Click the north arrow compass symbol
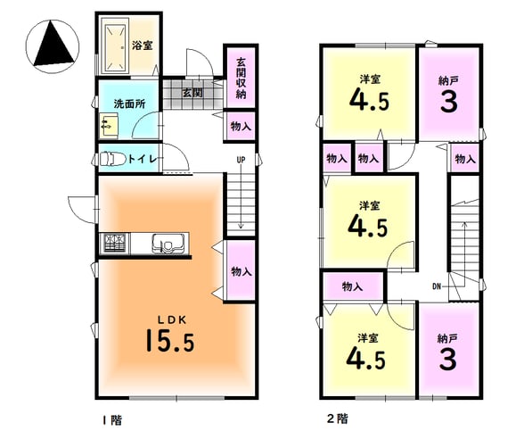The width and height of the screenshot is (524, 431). point(53,46)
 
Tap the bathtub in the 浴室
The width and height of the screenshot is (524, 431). point(115,47)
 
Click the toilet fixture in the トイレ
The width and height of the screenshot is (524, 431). point(112,158)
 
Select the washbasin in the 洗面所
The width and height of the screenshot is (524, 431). point(109,125)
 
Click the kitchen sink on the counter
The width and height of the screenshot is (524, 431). point(168,243)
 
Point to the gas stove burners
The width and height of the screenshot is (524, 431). point(116,243)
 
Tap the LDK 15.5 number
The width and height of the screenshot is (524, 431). point(170,340)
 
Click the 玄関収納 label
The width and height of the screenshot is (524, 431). point(241,79)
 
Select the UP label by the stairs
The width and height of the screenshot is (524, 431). point(241,161)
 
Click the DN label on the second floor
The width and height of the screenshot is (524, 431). point(437,286)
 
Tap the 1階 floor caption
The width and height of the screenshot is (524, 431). point(112,419)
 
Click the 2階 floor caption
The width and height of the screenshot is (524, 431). point(337,419)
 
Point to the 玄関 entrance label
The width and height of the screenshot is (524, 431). point(192,93)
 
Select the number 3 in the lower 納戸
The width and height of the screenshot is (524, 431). point(447,359)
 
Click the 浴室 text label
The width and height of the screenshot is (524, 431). point(143,46)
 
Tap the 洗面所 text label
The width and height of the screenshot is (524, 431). point(130,104)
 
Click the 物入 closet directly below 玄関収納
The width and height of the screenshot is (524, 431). point(241,127)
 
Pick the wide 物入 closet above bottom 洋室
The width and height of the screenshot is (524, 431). point(353,286)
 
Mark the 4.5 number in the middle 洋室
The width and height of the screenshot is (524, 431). point(368,227)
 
